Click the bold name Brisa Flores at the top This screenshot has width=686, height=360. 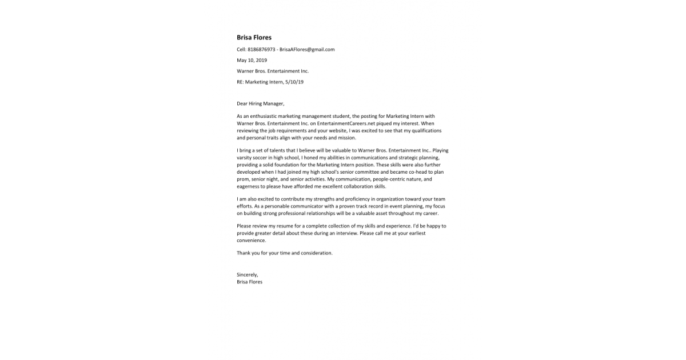click(254, 38)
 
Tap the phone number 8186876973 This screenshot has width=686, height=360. click(261, 50)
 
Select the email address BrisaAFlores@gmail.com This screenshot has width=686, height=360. click(307, 50)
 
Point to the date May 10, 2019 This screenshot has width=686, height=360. click(252, 60)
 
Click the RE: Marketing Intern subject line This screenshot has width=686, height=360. click(270, 82)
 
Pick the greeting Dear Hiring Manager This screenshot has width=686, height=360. click(260, 103)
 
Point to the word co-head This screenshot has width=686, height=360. click(417, 171)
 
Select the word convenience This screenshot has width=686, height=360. click(252, 241)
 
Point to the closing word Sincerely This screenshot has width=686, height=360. click(247, 275)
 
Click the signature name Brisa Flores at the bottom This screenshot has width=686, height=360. click(249, 282)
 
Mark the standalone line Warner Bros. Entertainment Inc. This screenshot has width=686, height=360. click(273, 71)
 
